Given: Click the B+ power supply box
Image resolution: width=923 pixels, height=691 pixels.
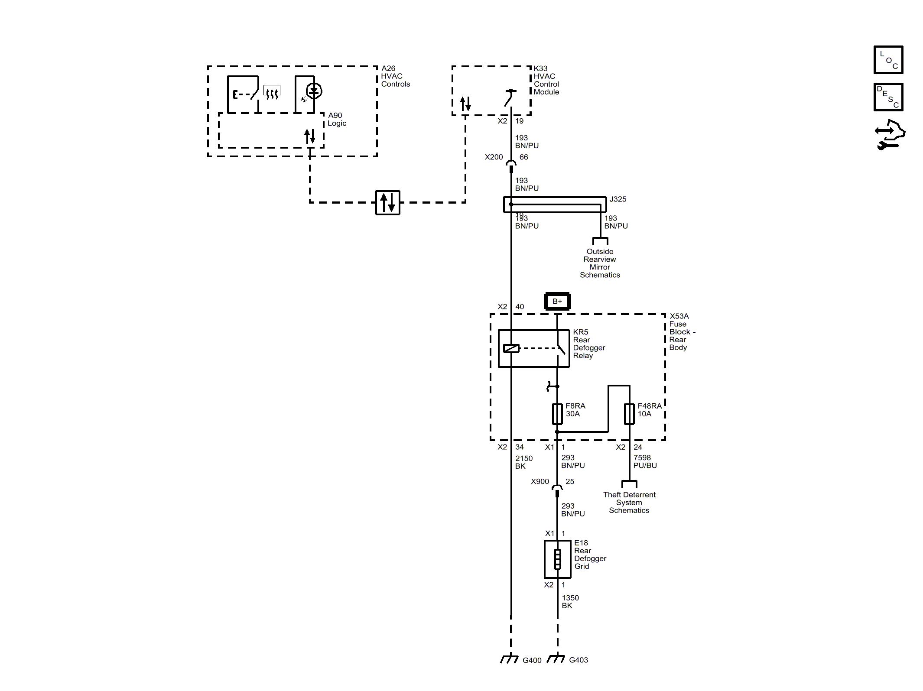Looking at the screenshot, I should (557, 301).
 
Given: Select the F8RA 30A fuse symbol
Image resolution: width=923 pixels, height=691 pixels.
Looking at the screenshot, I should (557, 414).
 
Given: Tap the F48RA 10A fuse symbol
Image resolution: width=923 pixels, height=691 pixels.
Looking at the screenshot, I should (629, 414).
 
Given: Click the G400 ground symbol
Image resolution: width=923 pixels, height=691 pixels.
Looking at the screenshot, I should (510, 659).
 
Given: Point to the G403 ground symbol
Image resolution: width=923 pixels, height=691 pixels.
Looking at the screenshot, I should (556, 659).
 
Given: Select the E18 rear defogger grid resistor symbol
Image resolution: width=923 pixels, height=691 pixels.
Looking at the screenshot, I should (557, 559).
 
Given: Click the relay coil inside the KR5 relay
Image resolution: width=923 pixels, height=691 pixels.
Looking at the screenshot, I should (511, 348).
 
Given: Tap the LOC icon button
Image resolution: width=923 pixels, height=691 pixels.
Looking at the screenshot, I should (888, 60).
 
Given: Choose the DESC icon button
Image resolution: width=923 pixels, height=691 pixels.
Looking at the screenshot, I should (888, 97).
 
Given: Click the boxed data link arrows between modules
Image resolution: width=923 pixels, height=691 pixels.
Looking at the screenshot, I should (387, 202).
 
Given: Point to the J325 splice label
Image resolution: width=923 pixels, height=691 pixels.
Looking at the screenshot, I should (617, 199).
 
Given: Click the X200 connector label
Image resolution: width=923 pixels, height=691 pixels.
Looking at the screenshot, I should (494, 157).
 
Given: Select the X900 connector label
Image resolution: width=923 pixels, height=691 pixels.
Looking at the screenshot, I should (539, 481).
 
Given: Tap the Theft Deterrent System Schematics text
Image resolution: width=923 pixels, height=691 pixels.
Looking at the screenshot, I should (629, 503).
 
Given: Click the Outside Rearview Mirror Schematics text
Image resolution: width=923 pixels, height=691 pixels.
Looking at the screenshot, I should (600, 263).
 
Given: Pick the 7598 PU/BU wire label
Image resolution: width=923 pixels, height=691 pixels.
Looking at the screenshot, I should (645, 461).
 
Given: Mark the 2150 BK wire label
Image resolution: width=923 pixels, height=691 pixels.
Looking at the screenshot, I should (523, 462).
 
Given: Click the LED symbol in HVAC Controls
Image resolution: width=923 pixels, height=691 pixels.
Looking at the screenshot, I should (314, 91).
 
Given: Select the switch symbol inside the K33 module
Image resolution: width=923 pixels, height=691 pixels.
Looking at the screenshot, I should (510, 97).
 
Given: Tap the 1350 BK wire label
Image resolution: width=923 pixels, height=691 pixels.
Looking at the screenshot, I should (570, 602).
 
